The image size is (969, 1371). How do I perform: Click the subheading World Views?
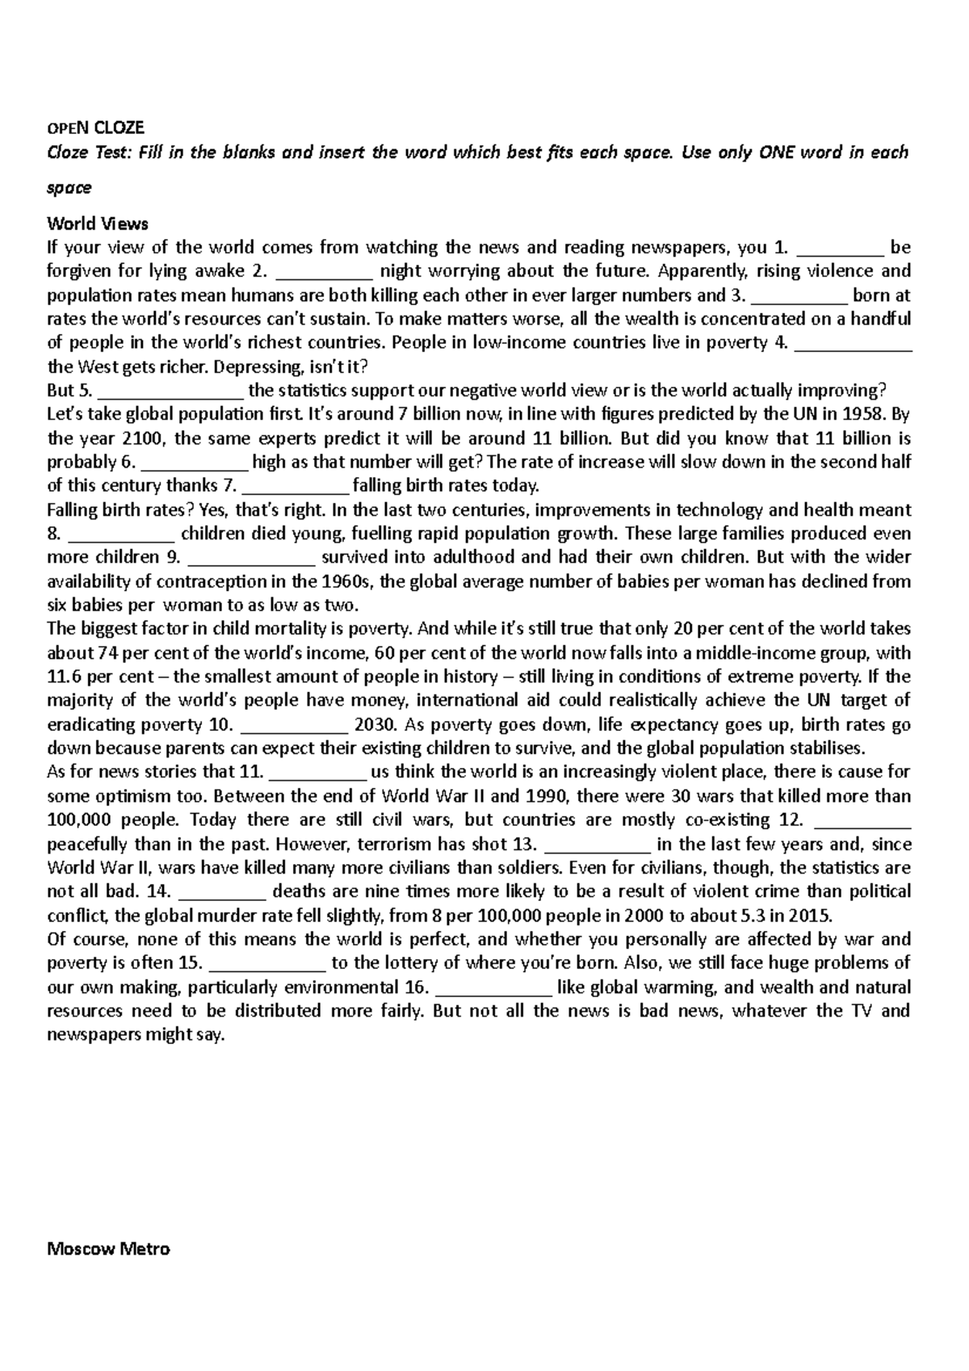tap(98, 223)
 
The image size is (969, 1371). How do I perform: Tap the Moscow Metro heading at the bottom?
tap(109, 1249)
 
